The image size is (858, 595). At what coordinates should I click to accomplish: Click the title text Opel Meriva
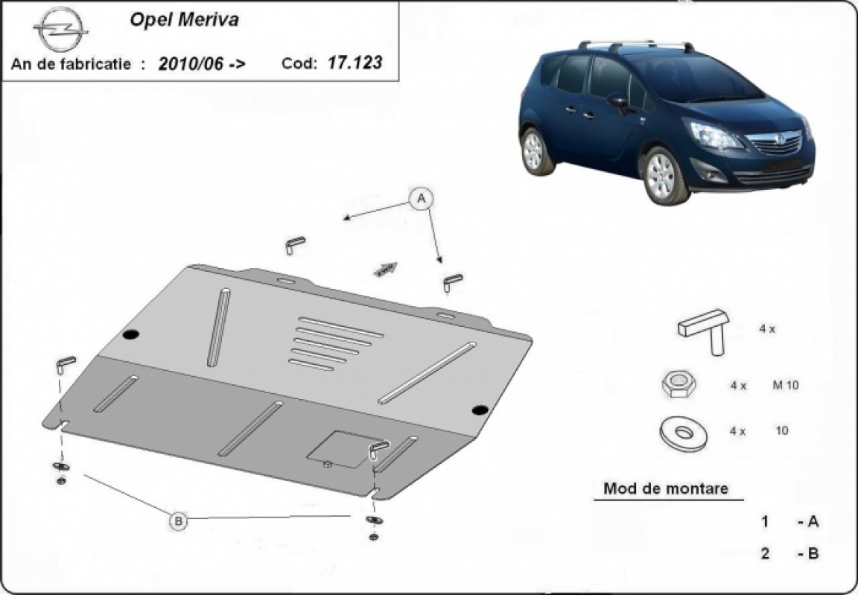point(184,20)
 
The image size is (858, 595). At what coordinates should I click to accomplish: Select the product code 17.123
point(355,63)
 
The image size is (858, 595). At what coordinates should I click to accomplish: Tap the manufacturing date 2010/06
point(191,64)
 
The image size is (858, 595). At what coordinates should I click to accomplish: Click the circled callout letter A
point(422,199)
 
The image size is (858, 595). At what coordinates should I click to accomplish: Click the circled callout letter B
point(178,521)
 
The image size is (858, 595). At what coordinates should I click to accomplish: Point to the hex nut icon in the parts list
point(678,384)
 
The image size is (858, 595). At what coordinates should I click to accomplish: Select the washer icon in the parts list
point(683,433)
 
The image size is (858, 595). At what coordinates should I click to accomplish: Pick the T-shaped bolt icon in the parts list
point(705,331)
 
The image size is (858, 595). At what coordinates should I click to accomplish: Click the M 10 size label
point(785,385)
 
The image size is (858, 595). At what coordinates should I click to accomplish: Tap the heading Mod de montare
point(665,488)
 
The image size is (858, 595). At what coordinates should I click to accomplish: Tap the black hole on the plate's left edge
point(131,335)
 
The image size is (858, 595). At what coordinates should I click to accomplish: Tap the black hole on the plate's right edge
point(480,410)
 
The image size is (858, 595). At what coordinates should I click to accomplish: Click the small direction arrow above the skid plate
point(385,269)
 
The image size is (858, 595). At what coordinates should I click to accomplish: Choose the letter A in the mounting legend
point(813,522)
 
